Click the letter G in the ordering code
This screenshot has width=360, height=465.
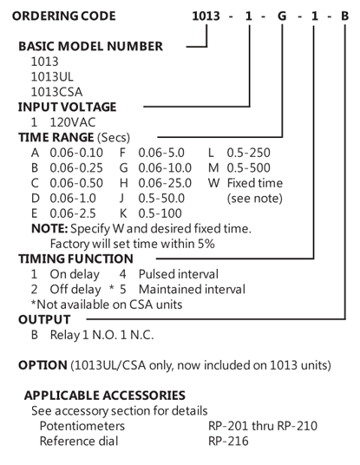(x=282, y=16)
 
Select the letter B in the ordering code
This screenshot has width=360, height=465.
(x=344, y=16)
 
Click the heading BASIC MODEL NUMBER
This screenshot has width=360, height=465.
(x=91, y=46)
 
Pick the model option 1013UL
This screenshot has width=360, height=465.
(x=52, y=77)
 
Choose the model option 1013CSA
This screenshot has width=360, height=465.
(x=56, y=92)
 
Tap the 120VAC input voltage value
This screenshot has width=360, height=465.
(x=73, y=122)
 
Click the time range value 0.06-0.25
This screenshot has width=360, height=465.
(x=76, y=167)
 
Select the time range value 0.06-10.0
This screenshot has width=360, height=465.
(x=165, y=167)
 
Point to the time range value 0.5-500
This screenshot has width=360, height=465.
(x=248, y=167)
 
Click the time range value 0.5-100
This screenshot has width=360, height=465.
(x=160, y=213)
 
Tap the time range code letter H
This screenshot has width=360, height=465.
(x=124, y=183)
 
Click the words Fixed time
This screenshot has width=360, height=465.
(x=255, y=183)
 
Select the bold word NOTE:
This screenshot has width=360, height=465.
(x=49, y=229)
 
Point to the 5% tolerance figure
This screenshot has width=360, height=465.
(x=206, y=244)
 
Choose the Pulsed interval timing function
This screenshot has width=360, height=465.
(x=179, y=274)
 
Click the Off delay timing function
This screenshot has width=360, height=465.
(x=75, y=289)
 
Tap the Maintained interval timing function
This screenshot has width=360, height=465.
(x=192, y=289)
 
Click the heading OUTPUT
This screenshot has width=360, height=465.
(x=44, y=319)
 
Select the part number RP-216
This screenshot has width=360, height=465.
(x=228, y=441)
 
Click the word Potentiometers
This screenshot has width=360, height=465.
(x=82, y=426)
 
